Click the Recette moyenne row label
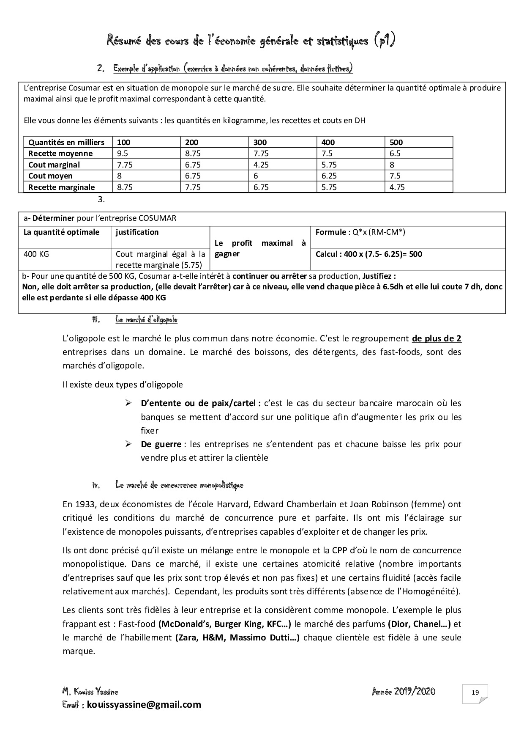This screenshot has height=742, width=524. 60,154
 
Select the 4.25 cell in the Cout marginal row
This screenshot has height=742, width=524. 261,165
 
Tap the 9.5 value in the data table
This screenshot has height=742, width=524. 122,154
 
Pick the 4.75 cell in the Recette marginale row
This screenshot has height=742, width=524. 397,187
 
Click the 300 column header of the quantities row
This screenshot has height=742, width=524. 260,143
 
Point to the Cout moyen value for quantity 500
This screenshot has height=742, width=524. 395,176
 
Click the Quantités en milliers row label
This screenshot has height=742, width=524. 66,143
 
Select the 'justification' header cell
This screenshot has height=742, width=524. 137,232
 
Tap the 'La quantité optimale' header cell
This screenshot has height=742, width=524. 61,232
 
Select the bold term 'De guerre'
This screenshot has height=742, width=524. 161,444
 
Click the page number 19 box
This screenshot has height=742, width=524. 475,693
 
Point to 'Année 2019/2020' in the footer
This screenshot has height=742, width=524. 404,692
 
